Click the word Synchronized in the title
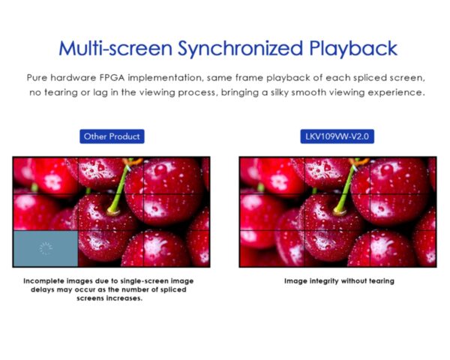(x=241, y=49)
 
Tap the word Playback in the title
(x=353, y=48)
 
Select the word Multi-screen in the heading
(x=115, y=48)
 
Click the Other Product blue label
(x=112, y=136)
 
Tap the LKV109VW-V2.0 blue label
(x=337, y=136)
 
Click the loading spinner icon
(x=46, y=248)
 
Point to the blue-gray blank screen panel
(x=46, y=248)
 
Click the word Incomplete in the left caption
(x=44, y=281)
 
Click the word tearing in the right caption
(x=382, y=281)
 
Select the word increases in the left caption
(x=124, y=298)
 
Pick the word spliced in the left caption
(x=173, y=289)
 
